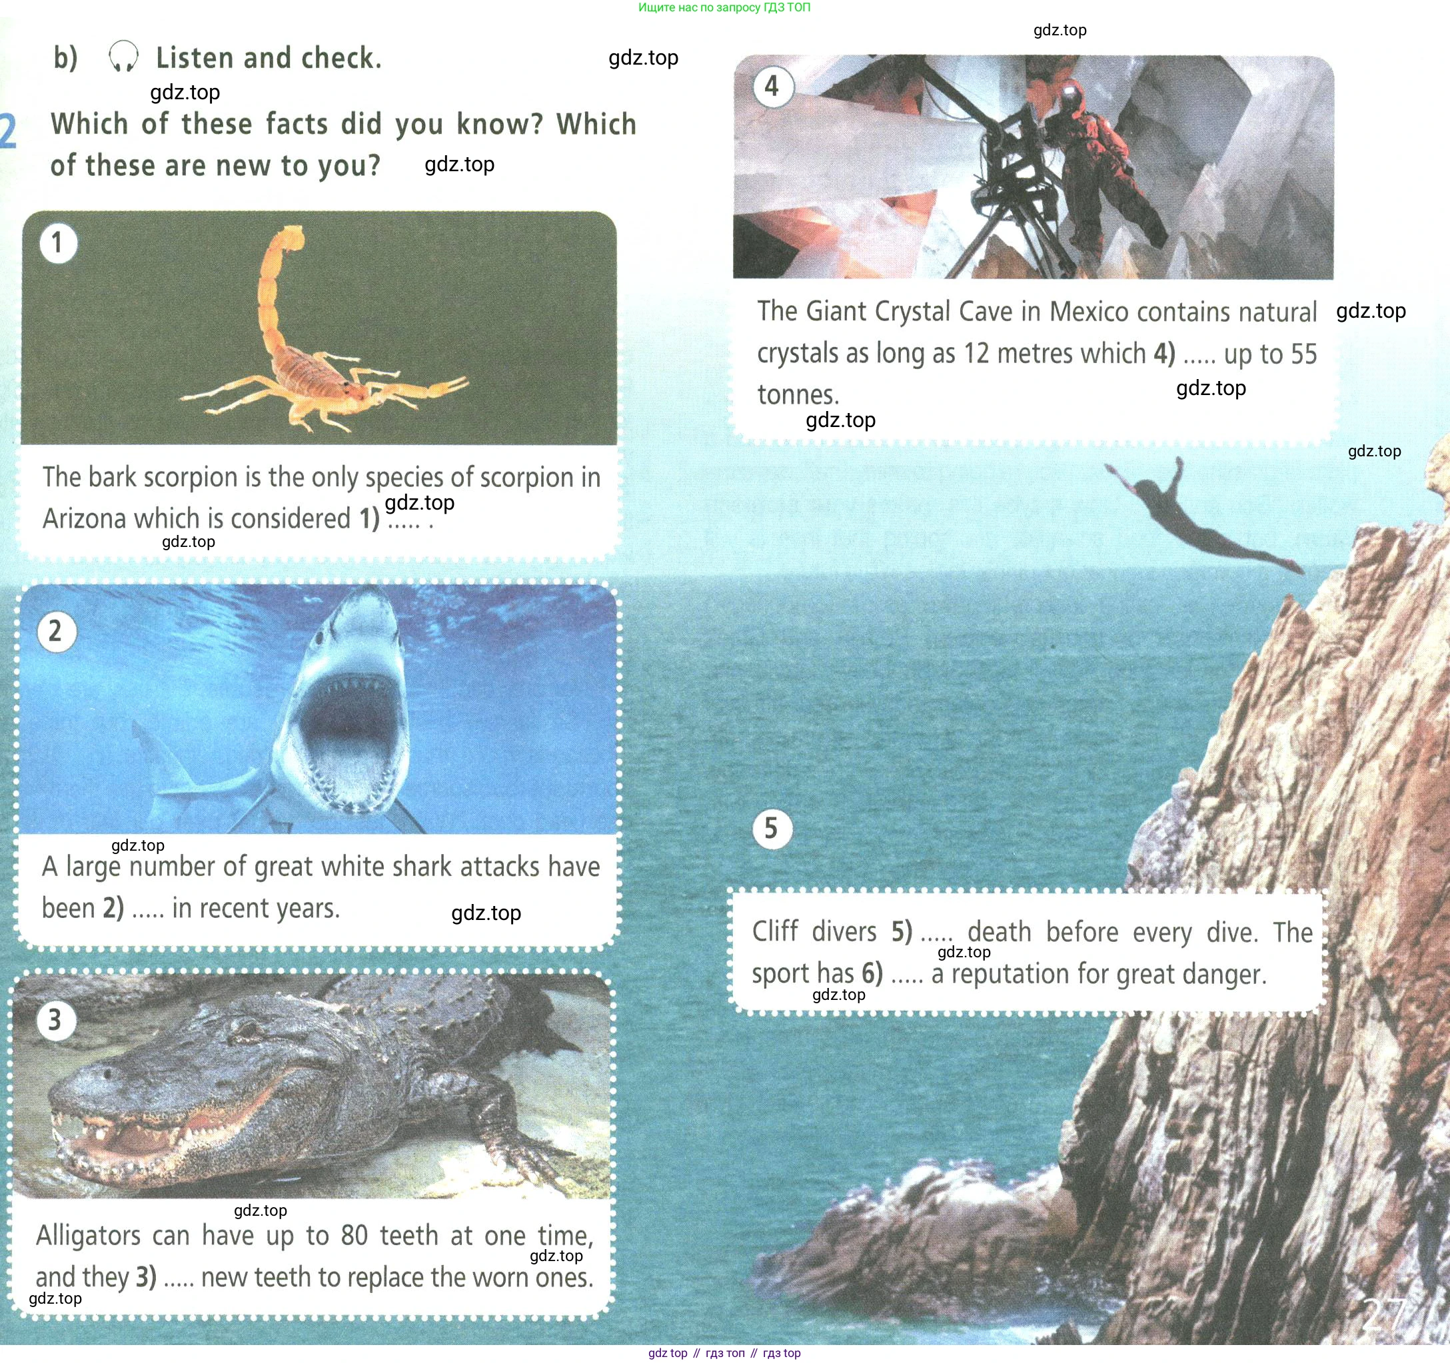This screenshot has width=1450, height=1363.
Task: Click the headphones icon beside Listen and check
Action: (123, 57)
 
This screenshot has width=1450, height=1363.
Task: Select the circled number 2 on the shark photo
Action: (56, 631)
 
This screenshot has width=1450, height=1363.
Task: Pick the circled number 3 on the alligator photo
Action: (55, 1019)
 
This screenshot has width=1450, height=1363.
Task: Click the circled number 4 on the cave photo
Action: (772, 87)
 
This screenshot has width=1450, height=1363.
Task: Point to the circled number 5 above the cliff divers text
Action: (772, 829)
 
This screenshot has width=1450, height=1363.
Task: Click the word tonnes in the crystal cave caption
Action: (798, 394)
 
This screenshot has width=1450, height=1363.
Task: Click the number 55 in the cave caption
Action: (1303, 354)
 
